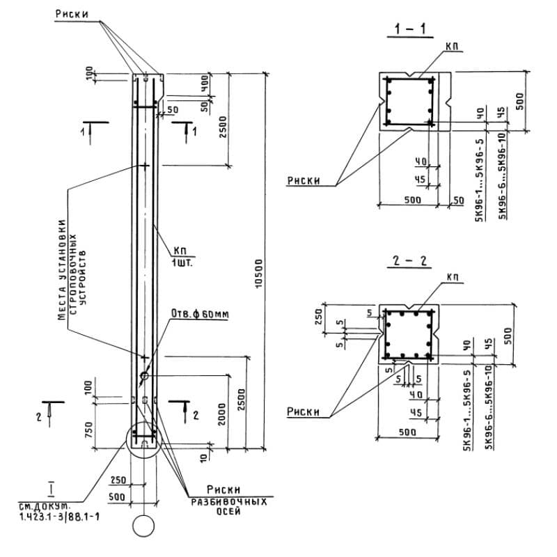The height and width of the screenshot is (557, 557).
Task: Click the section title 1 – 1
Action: coord(409,29)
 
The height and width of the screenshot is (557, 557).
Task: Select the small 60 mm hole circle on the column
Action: coord(145,377)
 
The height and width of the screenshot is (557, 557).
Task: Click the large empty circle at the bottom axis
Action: coord(144,526)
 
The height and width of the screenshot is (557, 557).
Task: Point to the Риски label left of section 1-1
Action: coord(304,181)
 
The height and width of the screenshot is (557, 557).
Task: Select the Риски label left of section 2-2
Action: coord(304,412)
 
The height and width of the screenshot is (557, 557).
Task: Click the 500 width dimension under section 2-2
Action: coord(408,432)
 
